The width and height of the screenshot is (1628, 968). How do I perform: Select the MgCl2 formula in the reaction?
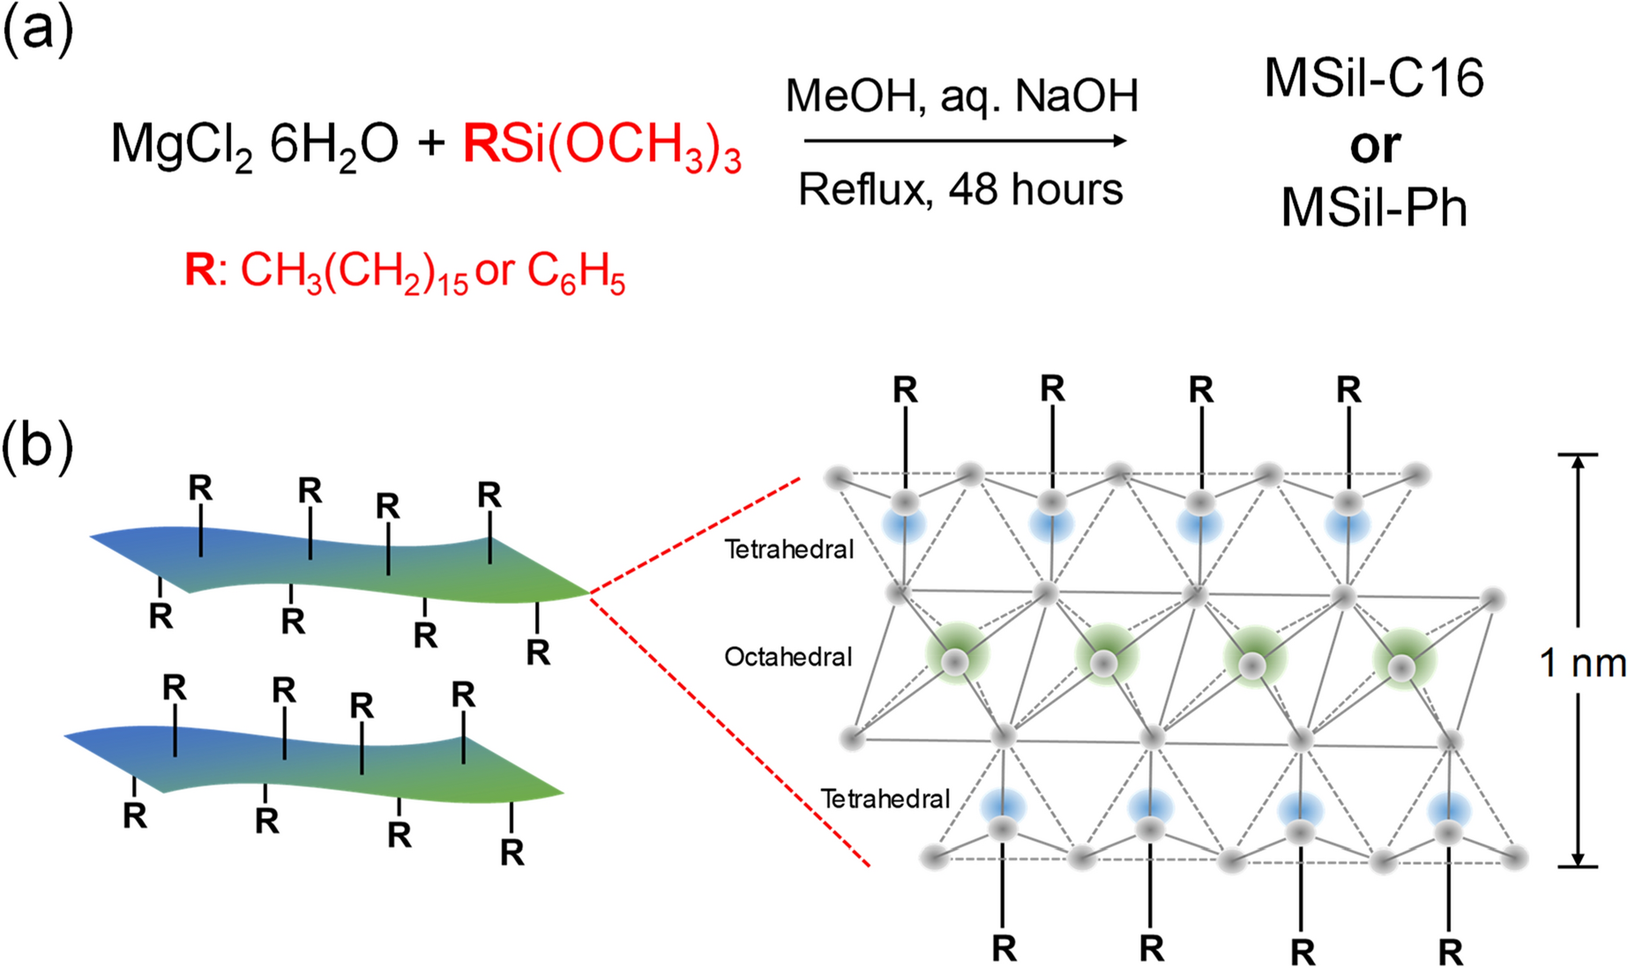click(x=182, y=145)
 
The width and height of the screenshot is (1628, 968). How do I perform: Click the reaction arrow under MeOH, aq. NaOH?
click(x=965, y=141)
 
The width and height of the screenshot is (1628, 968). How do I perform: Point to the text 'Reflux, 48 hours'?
click(x=960, y=190)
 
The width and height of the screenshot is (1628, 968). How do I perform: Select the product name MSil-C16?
click(x=1374, y=79)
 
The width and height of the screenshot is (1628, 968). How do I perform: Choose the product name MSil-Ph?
click(x=1374, y=209)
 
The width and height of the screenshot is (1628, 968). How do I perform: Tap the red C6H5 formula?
click(x=577, y=272)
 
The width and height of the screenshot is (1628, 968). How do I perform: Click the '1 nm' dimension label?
click(x=1582, y=663)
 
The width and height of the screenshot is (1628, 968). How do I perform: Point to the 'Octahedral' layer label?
click(x=788, y=657)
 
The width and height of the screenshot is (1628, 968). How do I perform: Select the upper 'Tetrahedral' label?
click(x=789, y=549)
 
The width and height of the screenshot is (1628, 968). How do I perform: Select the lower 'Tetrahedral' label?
click(x=885, y=799)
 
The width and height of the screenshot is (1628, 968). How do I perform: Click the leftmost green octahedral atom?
click(x=956, y=656)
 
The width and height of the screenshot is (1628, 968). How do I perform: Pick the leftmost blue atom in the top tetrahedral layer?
click(x=904, y=524)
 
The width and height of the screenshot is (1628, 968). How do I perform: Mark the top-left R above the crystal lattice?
click(x=905, y=390)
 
